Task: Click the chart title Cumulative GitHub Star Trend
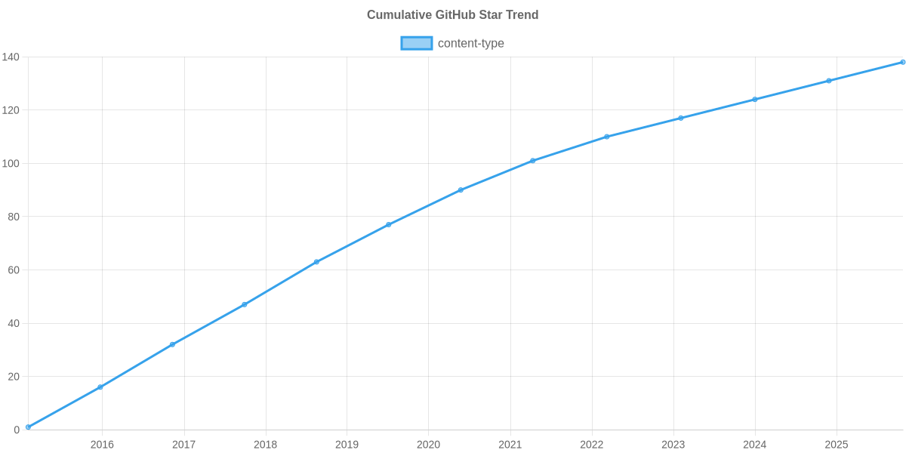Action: [x=452, y=15]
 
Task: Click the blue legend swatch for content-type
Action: [x=417, y=43]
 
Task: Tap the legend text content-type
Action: [x=470, y=43]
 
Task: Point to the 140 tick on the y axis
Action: [x=11, y=57]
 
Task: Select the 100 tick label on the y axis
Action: [x=11, y=164]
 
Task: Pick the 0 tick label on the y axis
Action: [x=16, y=430]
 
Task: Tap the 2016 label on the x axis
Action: [x=102, y=445]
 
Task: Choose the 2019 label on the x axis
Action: [x=347, y=445]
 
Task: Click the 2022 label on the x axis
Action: [x=591, y=445]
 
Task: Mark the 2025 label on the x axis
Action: [x=836, y=445]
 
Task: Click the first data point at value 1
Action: [x=28, y=427]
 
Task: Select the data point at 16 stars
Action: [x=100, y=387]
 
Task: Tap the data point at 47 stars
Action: [x=244, y=304]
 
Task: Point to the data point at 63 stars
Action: [x=316, y=262]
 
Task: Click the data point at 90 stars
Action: [x=461, y=190]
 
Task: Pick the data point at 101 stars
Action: [x=532, y=161]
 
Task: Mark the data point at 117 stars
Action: [x=680, y=118]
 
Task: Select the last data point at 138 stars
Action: [x=902, y=62]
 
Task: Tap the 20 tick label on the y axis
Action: [x=13, y=377]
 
